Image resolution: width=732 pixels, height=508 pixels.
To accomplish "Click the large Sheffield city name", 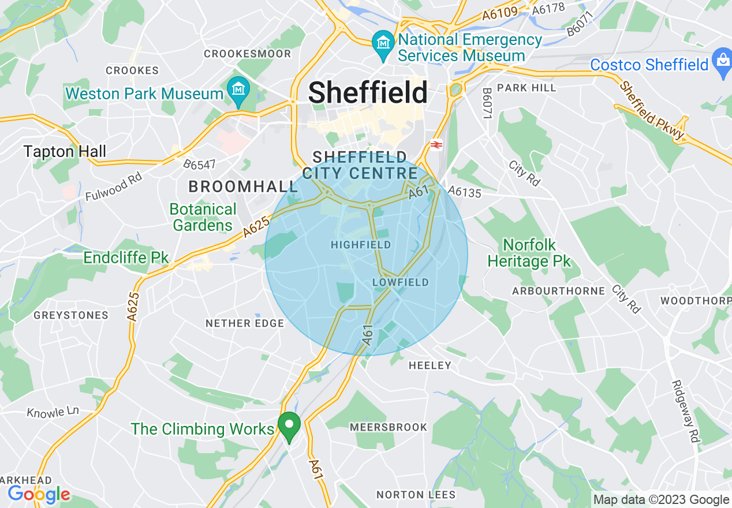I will click(x=368, y=92).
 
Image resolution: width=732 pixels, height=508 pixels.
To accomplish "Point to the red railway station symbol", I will click(x=436, y=145).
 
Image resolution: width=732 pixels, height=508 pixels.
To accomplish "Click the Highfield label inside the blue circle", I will click(x=360, y=245).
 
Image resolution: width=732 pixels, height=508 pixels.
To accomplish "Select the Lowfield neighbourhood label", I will click(x=401, y=282).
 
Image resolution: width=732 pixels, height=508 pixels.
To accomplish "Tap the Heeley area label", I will click(x=430, y=365).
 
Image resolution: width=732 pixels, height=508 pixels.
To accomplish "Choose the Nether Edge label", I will click(x=245, y=323).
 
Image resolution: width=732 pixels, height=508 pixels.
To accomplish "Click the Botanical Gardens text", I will click(x=203, y=217).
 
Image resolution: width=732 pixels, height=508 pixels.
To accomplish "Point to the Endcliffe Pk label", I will click(x=126, y=257).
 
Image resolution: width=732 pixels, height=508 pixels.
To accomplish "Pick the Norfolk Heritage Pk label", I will click(x=529, y=253).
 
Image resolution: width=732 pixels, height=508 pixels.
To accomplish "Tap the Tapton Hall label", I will click(x=65, y=152).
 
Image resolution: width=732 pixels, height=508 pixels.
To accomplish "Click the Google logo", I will click(x=39, y=494).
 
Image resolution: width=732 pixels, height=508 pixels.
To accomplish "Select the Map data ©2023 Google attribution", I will click(x=662, y=499).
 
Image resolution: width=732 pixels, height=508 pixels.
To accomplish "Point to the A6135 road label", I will click(x=464, y=192).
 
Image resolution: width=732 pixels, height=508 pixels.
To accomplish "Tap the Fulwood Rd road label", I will click(x=114, y=187).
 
